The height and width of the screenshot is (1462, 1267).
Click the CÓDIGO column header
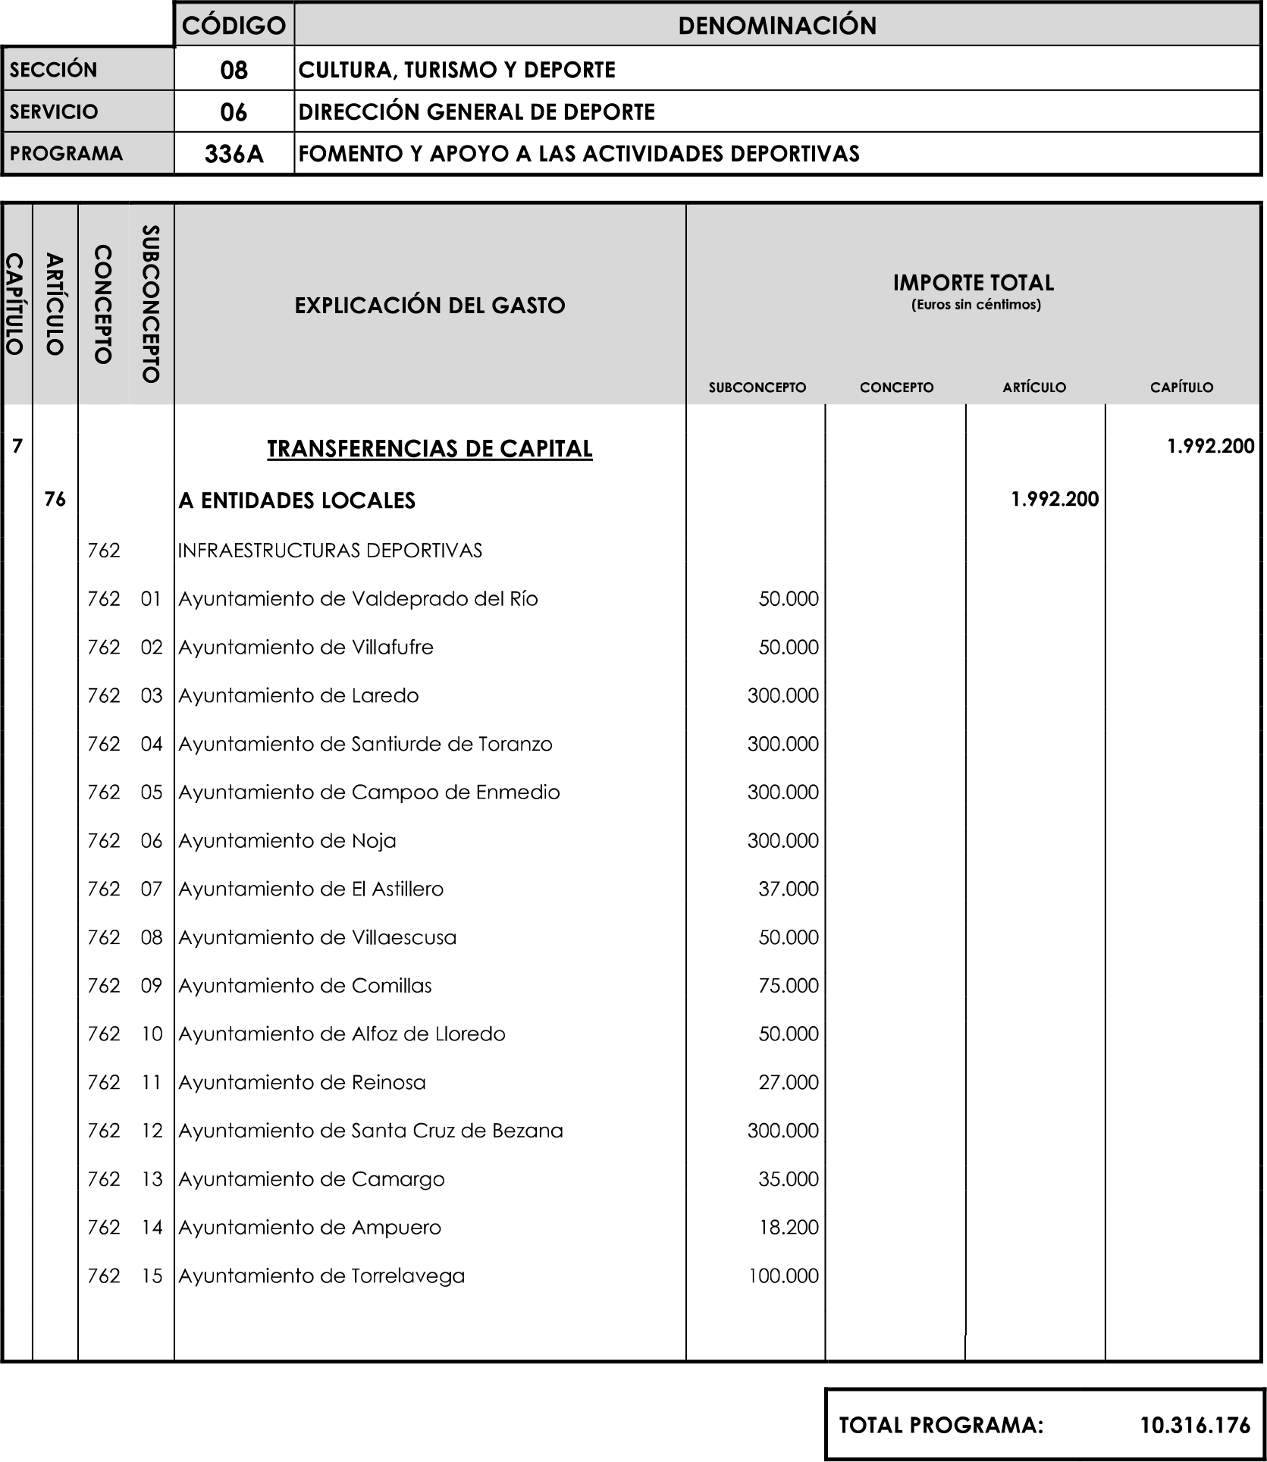click(x=234, y=25)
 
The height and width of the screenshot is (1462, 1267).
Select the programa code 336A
click(x=234, y=154)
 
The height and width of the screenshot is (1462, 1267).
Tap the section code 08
click(x=234, y=70)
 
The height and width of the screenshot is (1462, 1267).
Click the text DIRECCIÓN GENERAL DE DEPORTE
click(x=476, y=112)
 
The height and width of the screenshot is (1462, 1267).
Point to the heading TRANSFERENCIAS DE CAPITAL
click(x=429, y=448)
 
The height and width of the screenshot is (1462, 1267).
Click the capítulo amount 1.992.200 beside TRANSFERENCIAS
click(x=1210, y=446)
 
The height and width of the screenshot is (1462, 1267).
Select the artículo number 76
click(x=55, y=499)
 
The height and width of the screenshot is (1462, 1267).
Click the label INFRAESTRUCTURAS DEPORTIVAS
click(x=330, y=551)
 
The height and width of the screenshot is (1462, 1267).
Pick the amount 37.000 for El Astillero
click(x=788, y=889)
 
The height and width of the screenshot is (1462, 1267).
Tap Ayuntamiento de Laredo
click(x=298, y=695)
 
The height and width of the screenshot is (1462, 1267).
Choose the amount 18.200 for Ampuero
click(x=789, y=1227)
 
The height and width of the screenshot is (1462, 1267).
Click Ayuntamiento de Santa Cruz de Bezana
click(x=370, y=1131)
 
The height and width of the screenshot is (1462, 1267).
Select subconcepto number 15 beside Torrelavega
click(x=152, y=1275)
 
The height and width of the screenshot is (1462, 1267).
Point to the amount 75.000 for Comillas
click(x=788, y=985)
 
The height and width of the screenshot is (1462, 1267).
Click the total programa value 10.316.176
click(x=1195, y=1425)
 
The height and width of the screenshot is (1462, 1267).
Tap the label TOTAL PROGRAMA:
click(x=941, y=1425)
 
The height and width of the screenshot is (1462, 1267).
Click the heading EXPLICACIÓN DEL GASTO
click(x=429, y=306)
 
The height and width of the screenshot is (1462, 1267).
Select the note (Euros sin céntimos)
click(x=975, y=305)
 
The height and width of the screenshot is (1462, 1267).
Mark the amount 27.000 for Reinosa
click(x=788, y=1082)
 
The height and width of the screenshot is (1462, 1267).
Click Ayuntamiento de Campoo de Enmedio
click(x=368, y=792)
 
